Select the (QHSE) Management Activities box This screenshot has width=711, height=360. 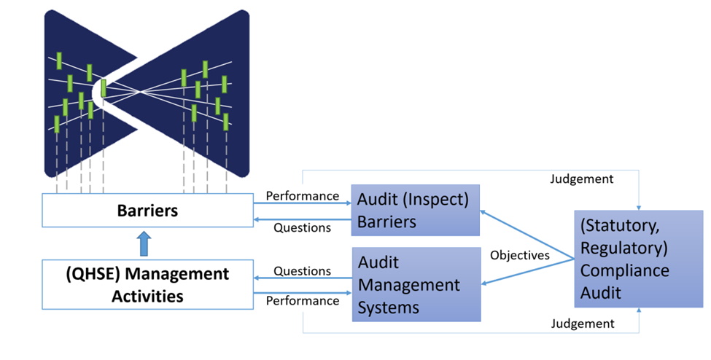[x=148, y=285]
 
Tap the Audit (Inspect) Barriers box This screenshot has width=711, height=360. [x=416, y=210]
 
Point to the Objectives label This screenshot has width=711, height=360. [x=519, y=255]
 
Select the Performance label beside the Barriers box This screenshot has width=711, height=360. [x=302, y=195]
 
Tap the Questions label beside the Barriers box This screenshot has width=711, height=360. [x=302, y=227]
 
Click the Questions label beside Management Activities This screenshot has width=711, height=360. [x=302, y=270]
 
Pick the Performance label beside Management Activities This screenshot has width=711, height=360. [x=302, y=300]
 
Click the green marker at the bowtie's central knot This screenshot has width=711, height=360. [x=104, y=87]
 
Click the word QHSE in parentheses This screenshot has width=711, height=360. [x=89, y=274]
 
